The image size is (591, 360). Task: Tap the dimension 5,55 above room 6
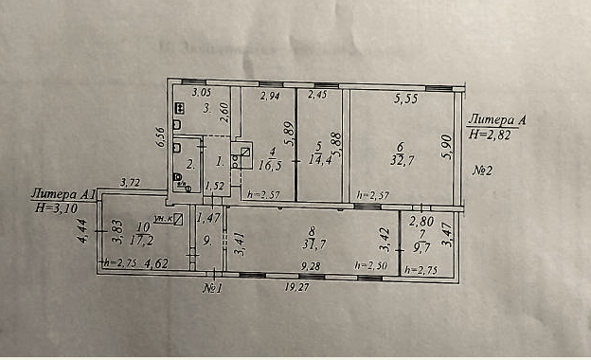click(x=406, y=97)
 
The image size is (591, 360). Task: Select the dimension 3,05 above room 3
click(x=201, y=92)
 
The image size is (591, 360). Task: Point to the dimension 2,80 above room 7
click(x=421, y=220)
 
